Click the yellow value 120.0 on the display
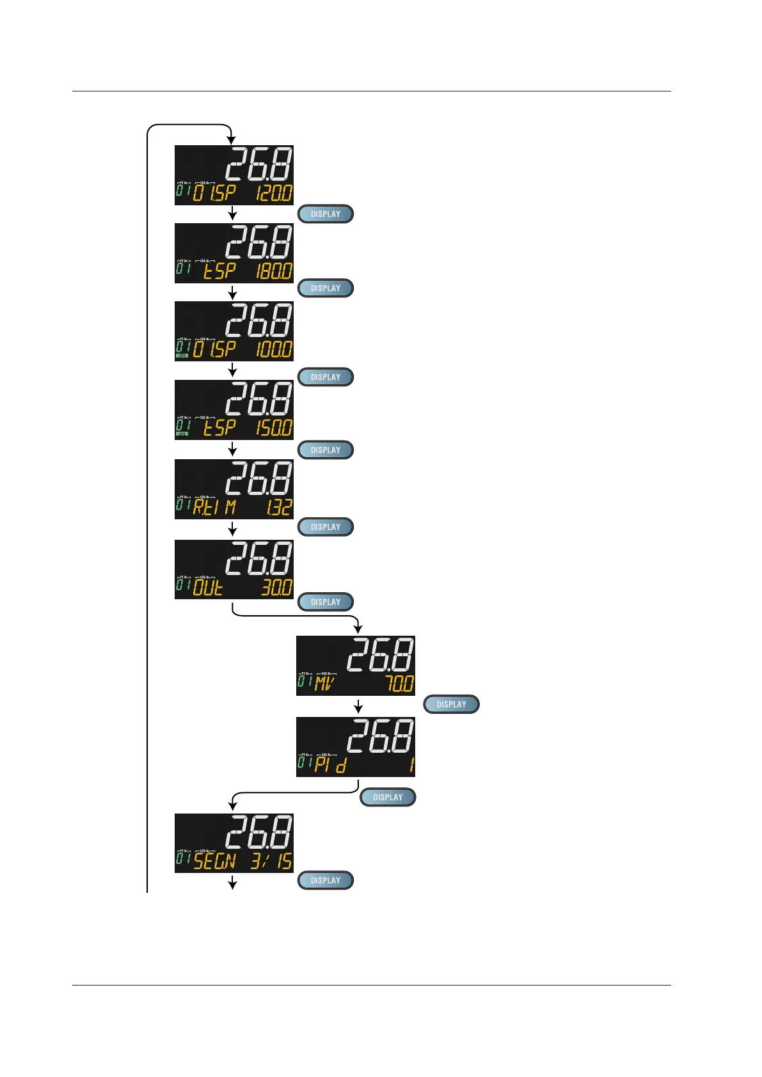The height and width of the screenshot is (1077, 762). pos(274,193)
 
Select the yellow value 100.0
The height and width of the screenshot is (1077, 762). pos(274,349)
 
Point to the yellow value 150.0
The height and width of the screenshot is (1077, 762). pos(274,427)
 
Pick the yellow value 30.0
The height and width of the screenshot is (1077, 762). pos(277,587)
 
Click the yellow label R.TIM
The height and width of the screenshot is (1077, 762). pos(215,508)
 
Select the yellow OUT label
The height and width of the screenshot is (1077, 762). pos(208,587)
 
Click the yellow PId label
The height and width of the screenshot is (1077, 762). pos(330,765)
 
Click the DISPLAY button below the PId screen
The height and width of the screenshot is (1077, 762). pos(388,797)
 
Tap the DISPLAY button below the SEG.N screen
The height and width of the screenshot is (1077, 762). pos(326,880)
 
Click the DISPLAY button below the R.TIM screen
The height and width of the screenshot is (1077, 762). pos(326,527)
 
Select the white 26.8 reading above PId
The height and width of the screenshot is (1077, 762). pos(380,736)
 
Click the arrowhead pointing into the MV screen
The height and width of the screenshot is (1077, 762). pos(358,630)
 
